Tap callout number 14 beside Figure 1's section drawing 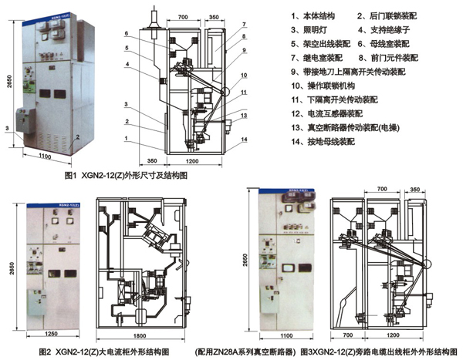click(245, 139)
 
